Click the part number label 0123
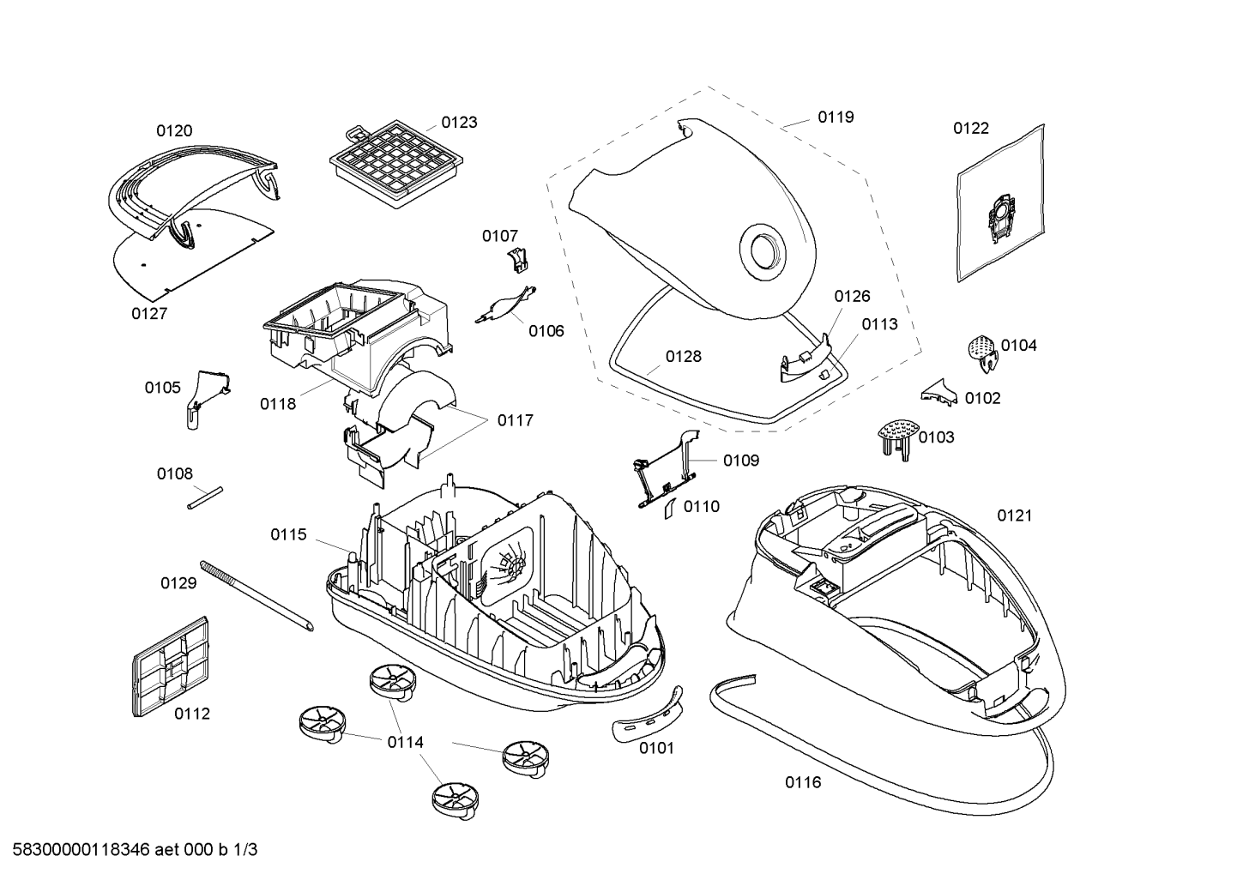pyautogui.click(x=459, y=122)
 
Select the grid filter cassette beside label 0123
pyautogui.click(x=396, y=164)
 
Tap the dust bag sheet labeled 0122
pyautogui.click(x=1000, y=203)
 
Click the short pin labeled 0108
pyautogui.click(x=205, y=497)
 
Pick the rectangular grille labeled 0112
pyautogui.click(x=172, y=667)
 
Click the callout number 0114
pyautogui.click(x=406, y=743)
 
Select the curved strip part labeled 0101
pyautogui.click(x=648, y=714)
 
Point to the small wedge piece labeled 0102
pyautogui.click(x=940, y=393)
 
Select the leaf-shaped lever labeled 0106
pyautogui.click(x=506, y=304)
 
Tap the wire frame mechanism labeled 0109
pyautogui.click(x=667, y=469)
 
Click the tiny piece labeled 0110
pyautogui.click(x=671, y=509)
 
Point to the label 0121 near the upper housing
pyautogui.click(x=1015, y=515)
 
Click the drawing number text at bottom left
pyautogui.click(x=136, y=850)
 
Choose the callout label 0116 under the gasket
pyautogui.click(x=803, y=781)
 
